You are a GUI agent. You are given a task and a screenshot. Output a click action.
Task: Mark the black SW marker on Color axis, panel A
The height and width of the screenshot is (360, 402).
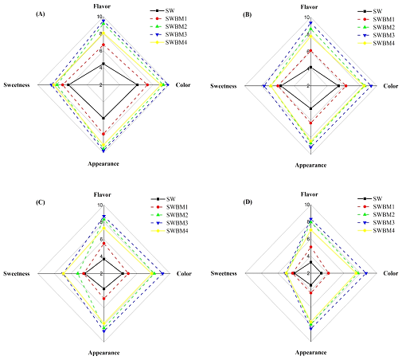tap(138, 84)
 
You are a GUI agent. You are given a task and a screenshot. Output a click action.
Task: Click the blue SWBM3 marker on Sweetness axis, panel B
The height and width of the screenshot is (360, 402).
tap(263, 84)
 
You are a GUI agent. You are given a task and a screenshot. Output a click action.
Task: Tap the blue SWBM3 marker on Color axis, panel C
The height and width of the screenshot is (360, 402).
tap(162, 273)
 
